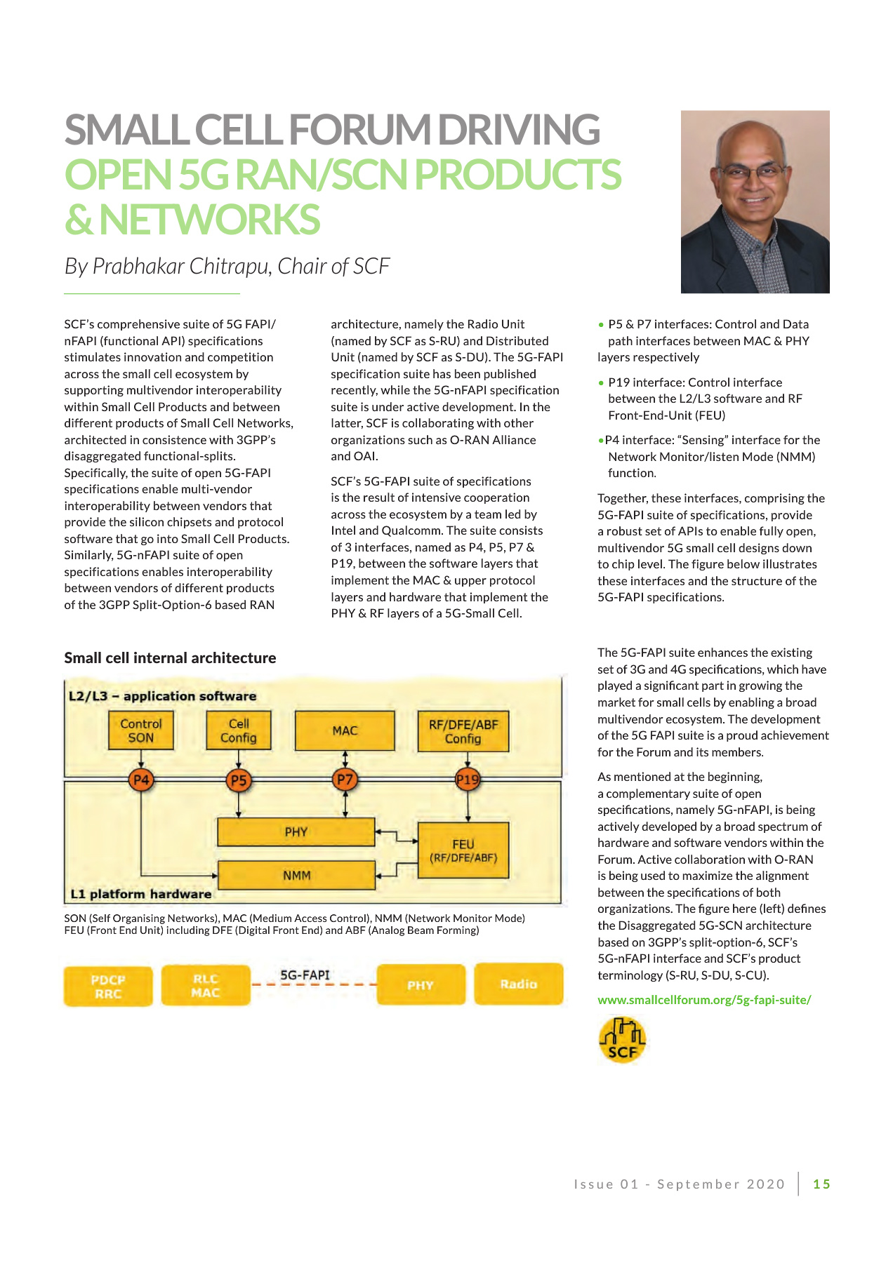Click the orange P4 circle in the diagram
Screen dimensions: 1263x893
pos(141,780)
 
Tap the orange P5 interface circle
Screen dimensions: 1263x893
pos(239,780)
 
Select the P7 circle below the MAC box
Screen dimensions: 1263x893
pos(345,780)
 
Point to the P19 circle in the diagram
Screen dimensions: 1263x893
pos(468,780)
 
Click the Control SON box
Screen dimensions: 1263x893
pos(141,730)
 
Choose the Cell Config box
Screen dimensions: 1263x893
pos(239,730)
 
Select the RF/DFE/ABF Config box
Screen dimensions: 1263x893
pos(463,731)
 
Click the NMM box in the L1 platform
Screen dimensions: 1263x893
pos(296,875)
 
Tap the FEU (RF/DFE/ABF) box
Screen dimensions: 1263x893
pos(463,850)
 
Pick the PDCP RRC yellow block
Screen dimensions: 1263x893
pos(108,986)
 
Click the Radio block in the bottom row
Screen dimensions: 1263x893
pos(519,984)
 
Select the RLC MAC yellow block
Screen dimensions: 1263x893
pos(206,985)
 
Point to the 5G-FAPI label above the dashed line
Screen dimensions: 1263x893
pos(305,975)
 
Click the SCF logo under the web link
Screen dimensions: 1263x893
pos(622,1041)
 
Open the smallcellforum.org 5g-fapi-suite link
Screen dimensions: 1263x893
pos(704,1000)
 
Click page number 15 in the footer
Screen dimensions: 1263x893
pos(821,1184)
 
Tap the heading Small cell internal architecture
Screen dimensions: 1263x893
pos(170,657)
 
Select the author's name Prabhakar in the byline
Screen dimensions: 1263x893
pos(138,267)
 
